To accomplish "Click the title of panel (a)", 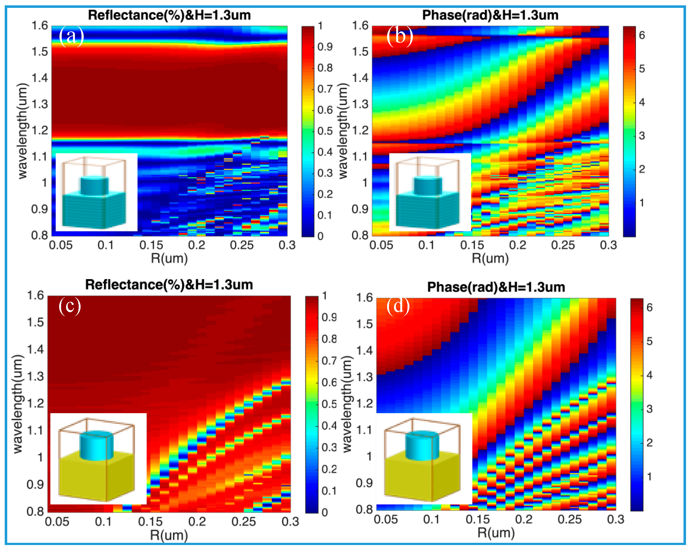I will pos(169,15).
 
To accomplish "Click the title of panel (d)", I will pos(496,287).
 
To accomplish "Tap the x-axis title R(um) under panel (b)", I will pos(490,258).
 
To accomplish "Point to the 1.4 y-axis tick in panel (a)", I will pos(39,78).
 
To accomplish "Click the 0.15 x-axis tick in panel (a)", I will pos(151,245).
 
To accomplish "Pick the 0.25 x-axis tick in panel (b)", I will pos(563,245).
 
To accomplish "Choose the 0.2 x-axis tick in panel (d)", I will pos(524,519).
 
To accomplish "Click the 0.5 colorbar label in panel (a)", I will pos(325,131).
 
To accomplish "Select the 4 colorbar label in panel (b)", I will pos(642,102).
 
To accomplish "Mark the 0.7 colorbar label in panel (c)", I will pos(329,361).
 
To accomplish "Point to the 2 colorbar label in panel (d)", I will pos(649,443).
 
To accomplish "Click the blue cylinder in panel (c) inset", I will pos(96,445).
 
